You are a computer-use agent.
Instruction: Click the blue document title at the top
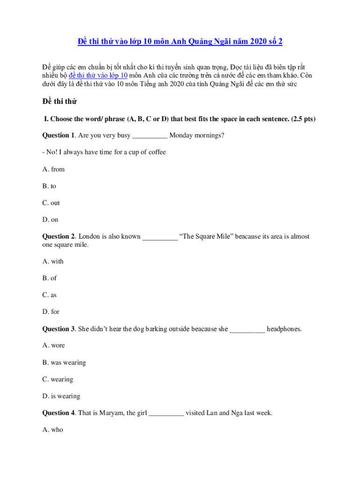coord(180,42)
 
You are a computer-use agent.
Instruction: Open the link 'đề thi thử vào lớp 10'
coord(98,76)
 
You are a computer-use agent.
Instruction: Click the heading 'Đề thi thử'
coord(59,102)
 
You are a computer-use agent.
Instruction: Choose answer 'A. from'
coord(53,169)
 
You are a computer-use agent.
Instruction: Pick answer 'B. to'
coord(49,186)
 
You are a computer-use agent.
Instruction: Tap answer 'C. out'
coord(51,203)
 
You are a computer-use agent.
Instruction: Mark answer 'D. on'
coord(50,220)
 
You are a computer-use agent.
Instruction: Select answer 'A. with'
coord(53,261)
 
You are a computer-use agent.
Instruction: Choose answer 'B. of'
coord(50,278)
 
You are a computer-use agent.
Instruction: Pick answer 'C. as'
coord(50,295)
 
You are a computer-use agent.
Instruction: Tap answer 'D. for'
coord(51,312)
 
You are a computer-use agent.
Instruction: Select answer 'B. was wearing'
coord(64,363)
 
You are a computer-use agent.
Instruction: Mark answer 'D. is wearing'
coord(61,396)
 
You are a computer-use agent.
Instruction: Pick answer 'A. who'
coord(52,430)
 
